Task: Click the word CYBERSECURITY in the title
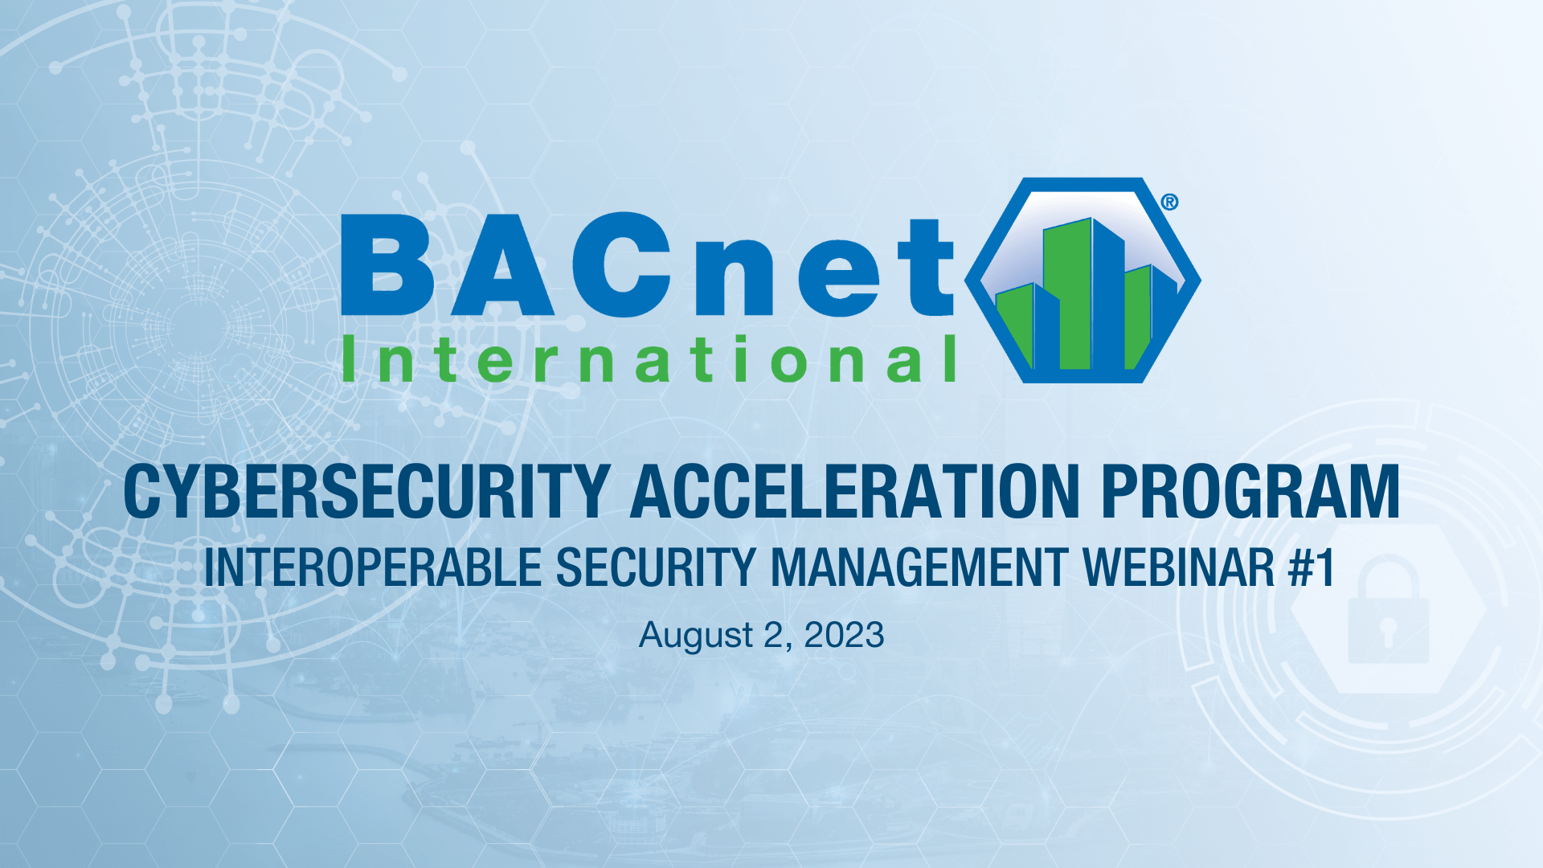tap(366, 492)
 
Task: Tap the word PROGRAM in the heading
tap(1250, 492)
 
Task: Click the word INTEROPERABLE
tap(373, 567)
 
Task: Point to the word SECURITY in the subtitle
tap(655, 567)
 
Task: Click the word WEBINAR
tap(1178, 567)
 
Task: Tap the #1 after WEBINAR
tap(1311, 567)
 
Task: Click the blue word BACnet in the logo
tap(648, 265)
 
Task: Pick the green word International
tap(648, 360)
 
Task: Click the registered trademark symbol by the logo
tap(1169, 202)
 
